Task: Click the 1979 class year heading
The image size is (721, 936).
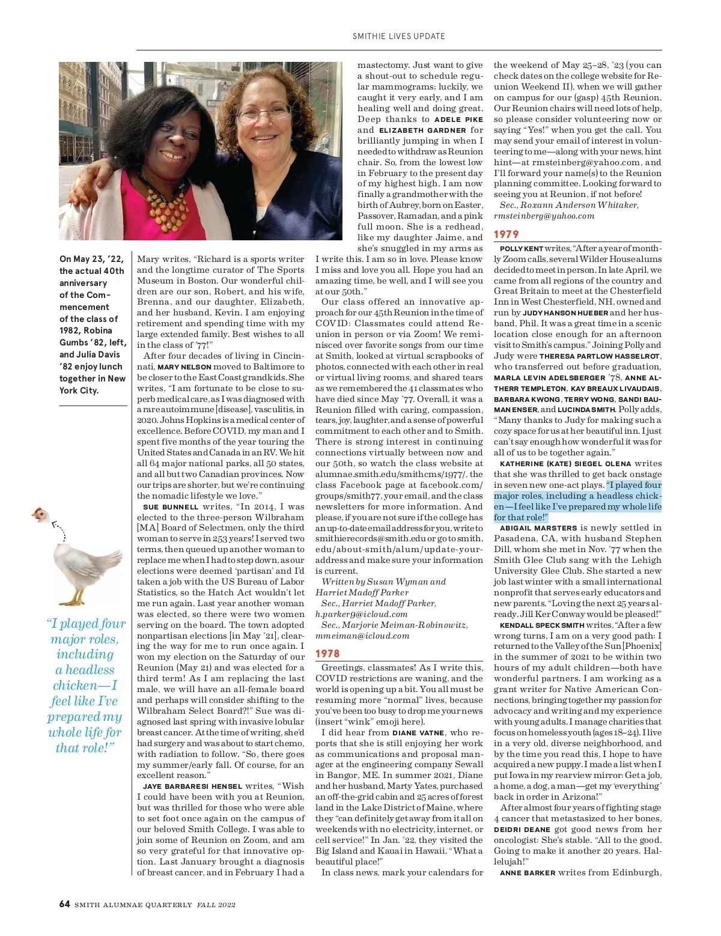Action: (506, 234)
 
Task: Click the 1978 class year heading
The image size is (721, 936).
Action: (327, 654)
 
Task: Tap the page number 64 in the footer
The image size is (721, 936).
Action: (65, 904)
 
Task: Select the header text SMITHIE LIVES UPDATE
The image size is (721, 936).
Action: (399, 36)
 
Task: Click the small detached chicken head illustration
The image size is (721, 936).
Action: (40, 514)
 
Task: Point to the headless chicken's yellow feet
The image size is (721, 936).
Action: (75, 600)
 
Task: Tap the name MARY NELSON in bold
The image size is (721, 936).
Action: (184, 367)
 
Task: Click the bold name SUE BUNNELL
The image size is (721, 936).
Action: (171, 507)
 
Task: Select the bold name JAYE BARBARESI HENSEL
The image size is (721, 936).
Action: (192, 786)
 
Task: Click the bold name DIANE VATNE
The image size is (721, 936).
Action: (418, 733)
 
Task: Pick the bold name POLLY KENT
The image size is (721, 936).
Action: (521, 249)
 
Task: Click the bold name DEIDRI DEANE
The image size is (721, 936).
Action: (522, 830)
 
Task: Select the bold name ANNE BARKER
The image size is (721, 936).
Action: (527, 873)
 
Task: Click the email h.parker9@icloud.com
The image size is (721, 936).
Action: (361, 615)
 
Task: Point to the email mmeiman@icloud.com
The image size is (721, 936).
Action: (362, 636)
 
